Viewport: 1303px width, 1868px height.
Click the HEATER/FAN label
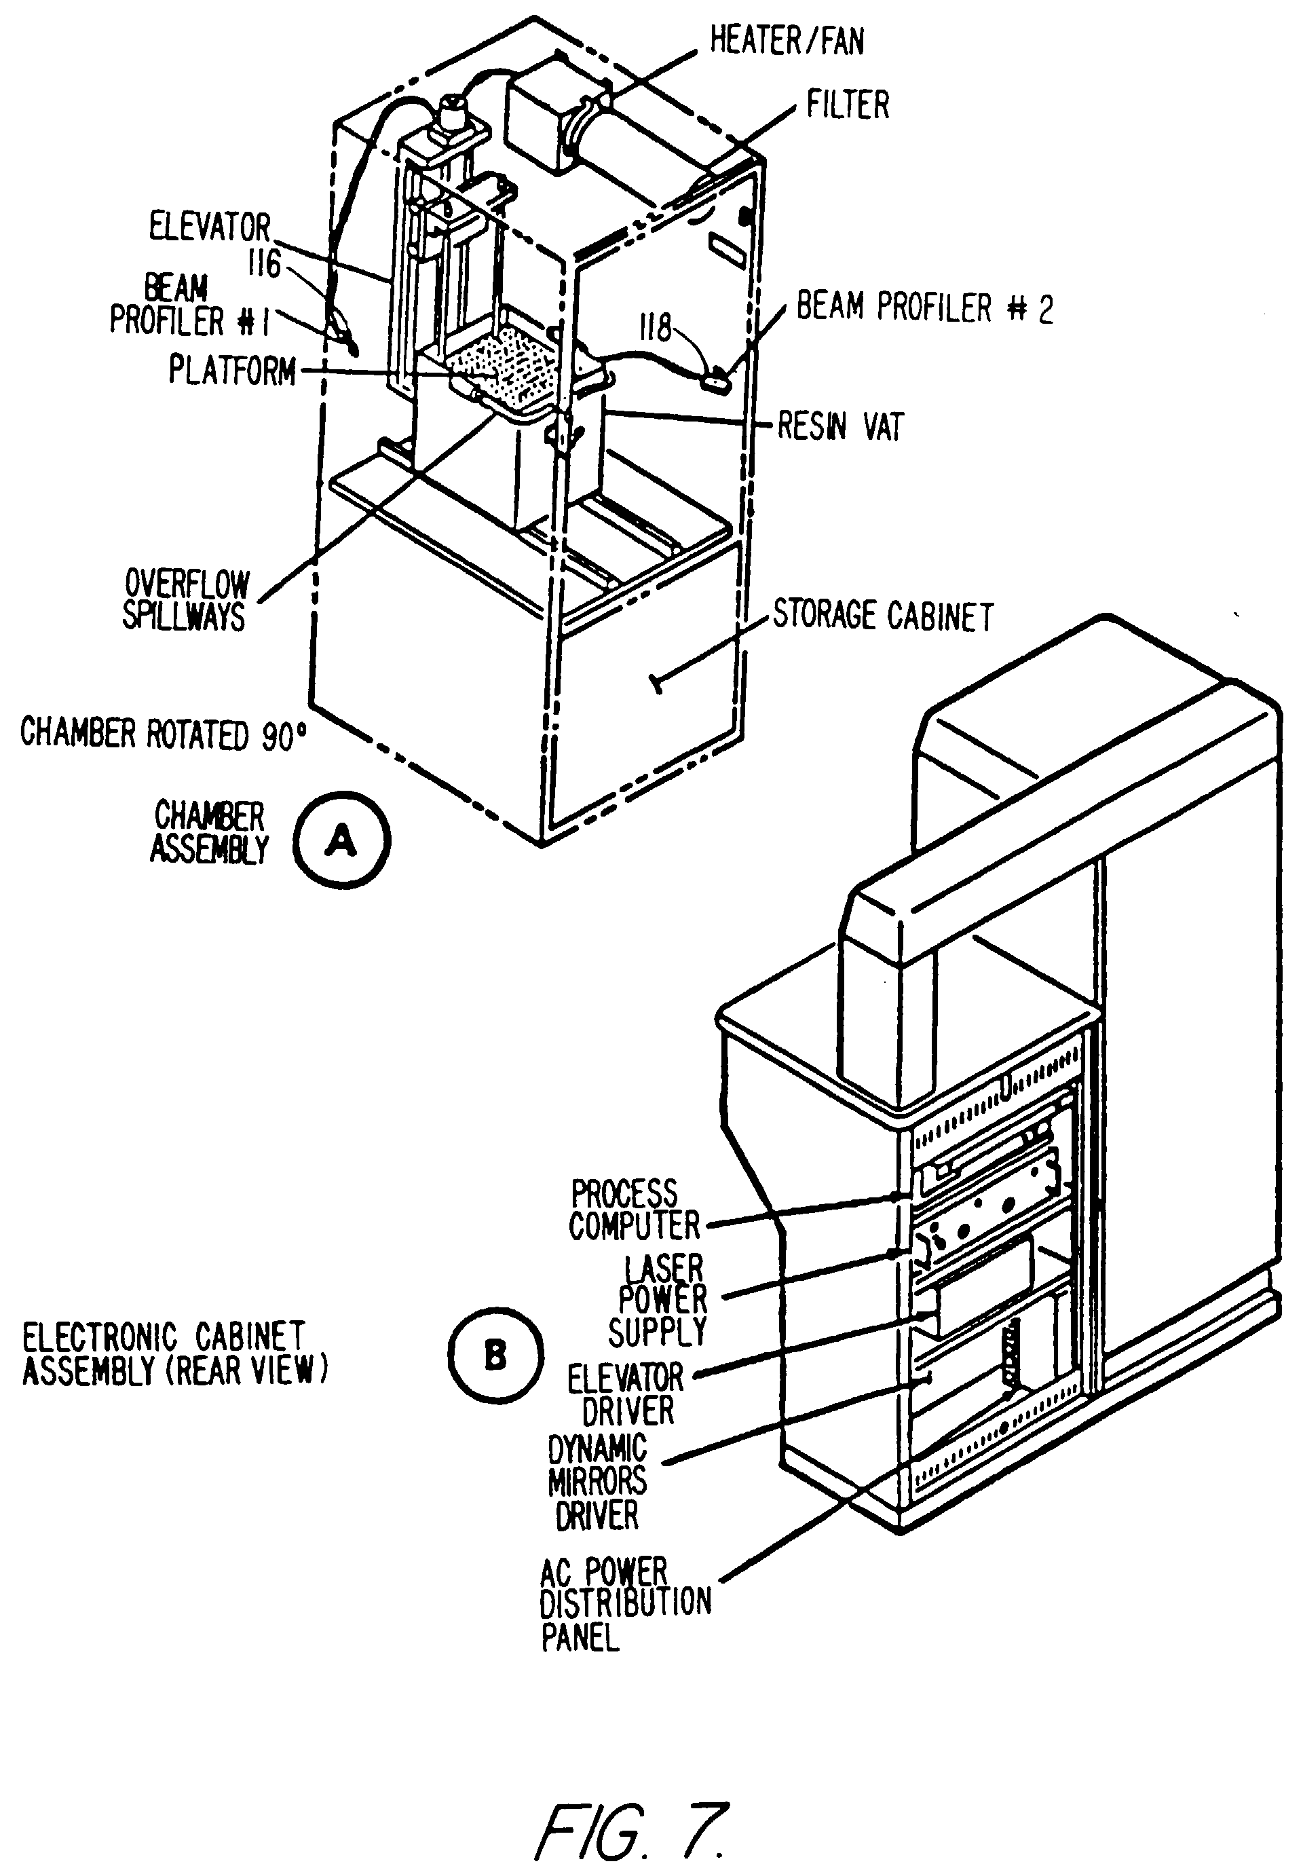pos(787,40)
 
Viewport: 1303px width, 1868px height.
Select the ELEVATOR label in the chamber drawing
pos(210,226)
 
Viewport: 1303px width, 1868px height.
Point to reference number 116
pos(265,263)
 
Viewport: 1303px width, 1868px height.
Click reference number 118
pos(656,328)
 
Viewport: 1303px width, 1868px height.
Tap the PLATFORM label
pos(233,370)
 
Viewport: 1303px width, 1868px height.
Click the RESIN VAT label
pos(840,426)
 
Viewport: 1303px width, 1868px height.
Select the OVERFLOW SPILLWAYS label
pos(186,599)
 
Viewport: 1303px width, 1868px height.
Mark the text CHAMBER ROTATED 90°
pos(164,733)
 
